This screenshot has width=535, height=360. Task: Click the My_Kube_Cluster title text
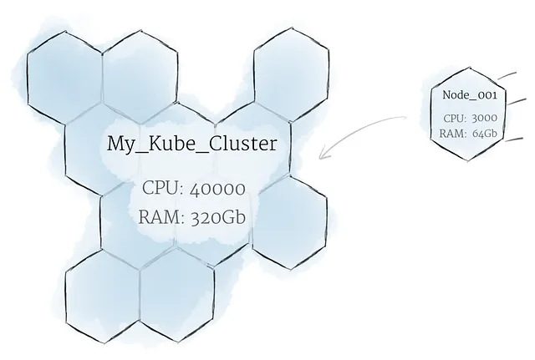[x=192, y=144]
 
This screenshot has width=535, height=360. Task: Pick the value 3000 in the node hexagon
[x=483, y=118]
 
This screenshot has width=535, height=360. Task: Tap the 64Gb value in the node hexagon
[x=483, y=132]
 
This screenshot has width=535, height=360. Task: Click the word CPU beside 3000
[x=455, y=118]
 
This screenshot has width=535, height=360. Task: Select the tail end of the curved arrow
[x=406, y=118]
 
